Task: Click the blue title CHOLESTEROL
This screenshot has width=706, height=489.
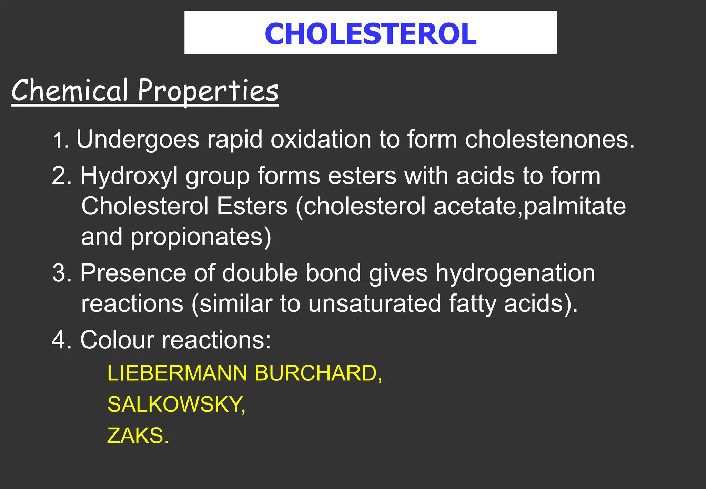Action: coord(371,33)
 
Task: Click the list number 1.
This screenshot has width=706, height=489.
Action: coord(59,141)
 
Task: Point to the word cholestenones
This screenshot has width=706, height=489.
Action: coord(549,139)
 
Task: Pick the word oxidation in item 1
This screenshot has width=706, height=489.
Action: coord(321,139)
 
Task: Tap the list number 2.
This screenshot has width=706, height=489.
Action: coord(59,176)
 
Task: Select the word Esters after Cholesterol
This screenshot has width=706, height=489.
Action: coord(252,206)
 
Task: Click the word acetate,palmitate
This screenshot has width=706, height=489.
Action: coord(529,206)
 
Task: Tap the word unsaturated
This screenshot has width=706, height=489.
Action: coord(374,303)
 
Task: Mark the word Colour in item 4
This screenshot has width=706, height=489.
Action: coord(117,340)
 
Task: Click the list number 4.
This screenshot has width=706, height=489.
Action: coord(59,340)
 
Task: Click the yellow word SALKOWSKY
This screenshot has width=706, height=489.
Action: coord(176,404)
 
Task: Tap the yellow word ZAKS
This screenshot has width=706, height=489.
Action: coord(137,436)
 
